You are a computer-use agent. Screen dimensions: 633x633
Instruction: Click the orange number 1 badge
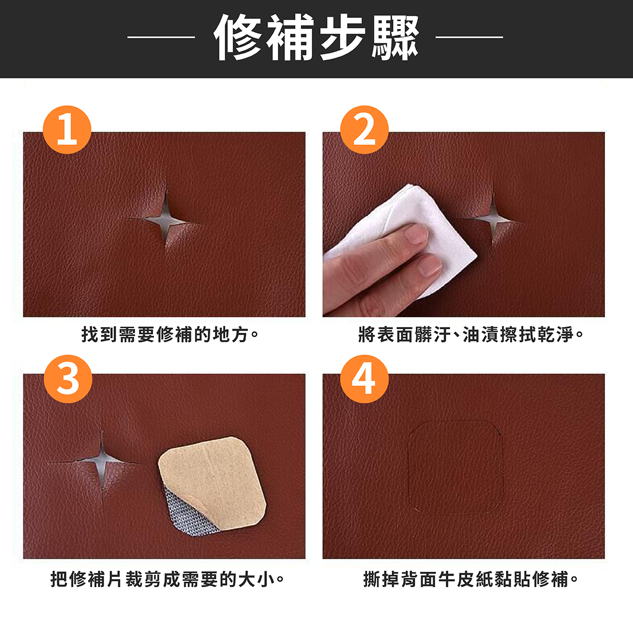click(67, 130)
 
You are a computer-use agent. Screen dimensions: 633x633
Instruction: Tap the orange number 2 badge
click(365, 130)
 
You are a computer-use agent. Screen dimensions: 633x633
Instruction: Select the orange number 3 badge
click(68, 379)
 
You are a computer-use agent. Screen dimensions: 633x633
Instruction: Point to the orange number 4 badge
click(365, 379)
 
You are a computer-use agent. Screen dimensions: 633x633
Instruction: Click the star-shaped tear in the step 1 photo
click(164, 219)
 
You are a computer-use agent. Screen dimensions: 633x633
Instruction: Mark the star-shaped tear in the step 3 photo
click(101, 461)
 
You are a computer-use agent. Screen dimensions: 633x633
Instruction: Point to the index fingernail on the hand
click(417, 233)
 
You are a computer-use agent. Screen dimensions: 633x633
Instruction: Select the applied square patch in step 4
click(456, 467)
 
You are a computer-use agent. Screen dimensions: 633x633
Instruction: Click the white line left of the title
click(161, 37)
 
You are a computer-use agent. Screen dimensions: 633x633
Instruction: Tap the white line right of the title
click(469, 37)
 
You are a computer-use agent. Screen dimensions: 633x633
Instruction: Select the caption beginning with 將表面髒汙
click(472, 334)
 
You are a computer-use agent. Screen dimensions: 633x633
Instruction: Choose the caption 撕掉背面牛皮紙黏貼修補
click(471, 579)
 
